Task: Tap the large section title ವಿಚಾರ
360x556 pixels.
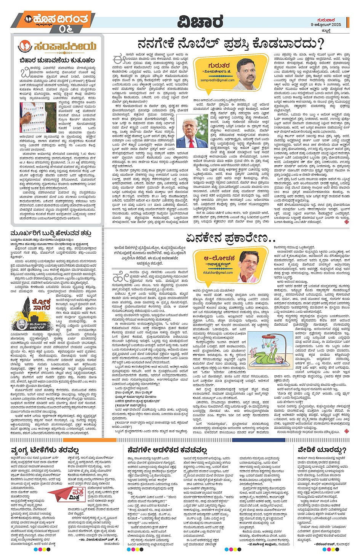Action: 200,21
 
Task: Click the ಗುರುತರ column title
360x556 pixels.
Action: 219,65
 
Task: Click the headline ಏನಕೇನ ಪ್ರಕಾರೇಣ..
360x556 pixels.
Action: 230,238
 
